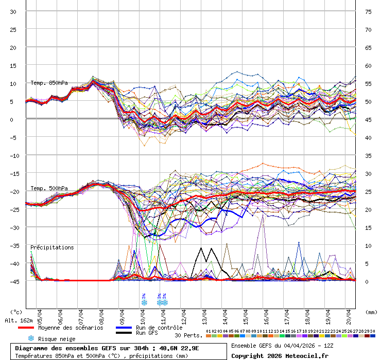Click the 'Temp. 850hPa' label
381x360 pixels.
pyautogui.click(x=49, y=83)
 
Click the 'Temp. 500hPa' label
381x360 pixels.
pyautogui.click(x=49, y=188)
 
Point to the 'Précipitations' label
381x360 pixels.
pyautogui.click(x=52, y=247)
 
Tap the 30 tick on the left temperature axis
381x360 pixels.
pyautogui.click(x=13, y=12)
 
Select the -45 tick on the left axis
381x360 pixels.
pyautogui.click(x=13, y=281)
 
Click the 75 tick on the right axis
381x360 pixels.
pyautogui.click(x=368, y=12)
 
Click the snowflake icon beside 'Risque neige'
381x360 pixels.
pyautogui.click(x=31, y=338)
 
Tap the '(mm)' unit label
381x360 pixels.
pyautogui.click(x=372, y=312)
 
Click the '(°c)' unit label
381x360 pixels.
pyautogui.click(x=16, y=312)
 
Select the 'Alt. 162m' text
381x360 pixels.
pyautogui.click(x=19, y=320)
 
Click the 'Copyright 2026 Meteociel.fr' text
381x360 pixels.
pyautogui.click(x=280, y=355)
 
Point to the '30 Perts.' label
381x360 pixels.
pyautogui.click(x=188, y=335)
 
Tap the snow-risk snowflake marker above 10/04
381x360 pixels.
pyautogui.click(x=144, y=302)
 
